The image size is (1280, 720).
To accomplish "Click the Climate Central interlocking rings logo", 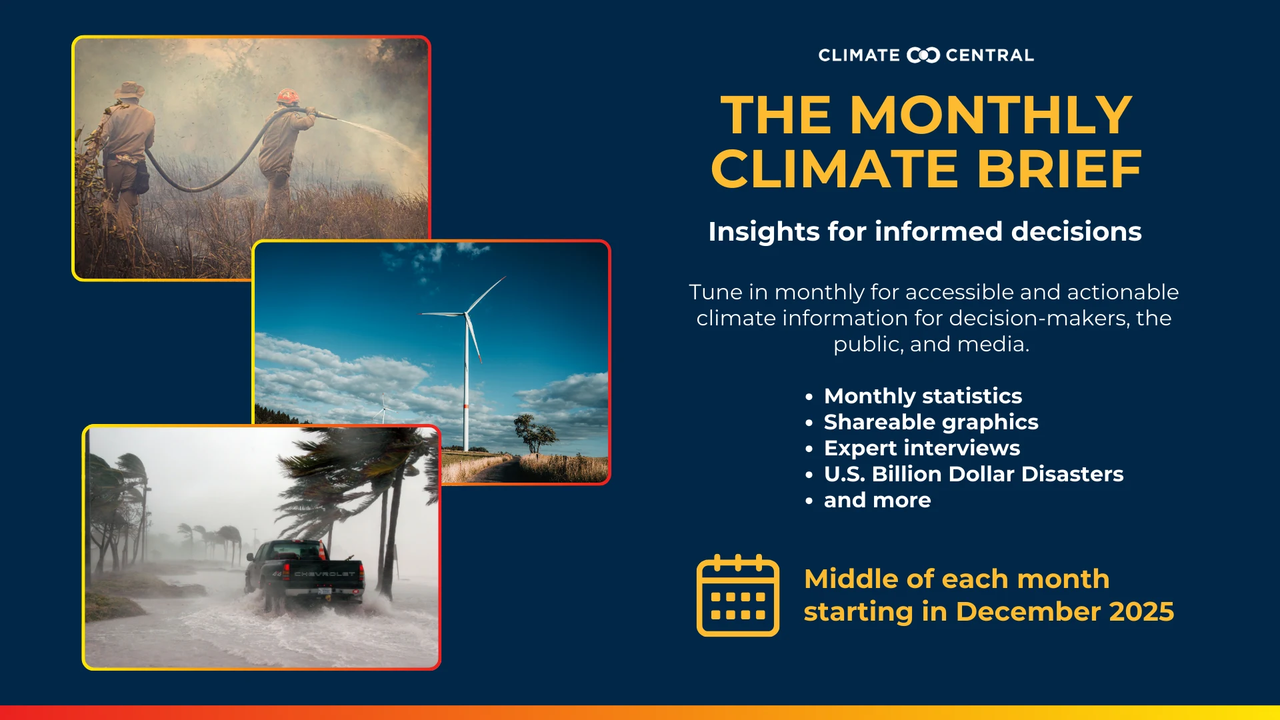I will (923, 55).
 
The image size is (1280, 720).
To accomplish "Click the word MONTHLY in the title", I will (991, 115).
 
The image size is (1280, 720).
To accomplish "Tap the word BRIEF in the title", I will (1059, 169).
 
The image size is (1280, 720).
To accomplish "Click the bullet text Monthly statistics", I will (923, 396).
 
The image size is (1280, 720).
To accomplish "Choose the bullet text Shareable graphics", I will (931, 422).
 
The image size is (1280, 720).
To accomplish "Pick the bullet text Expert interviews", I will (921, 448).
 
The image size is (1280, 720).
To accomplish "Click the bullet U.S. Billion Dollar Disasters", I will (973, 474).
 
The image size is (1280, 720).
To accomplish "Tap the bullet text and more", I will (877, 500).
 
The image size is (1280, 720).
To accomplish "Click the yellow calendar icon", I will (737, 595).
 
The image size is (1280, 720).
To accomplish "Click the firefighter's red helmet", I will (287, 96).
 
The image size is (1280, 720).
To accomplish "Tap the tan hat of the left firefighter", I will (130, 90).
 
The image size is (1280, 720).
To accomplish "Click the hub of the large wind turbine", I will (465, 313).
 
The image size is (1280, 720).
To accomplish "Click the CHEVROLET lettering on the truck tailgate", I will (324, 573).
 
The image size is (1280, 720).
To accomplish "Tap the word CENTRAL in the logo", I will (989, 55).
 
